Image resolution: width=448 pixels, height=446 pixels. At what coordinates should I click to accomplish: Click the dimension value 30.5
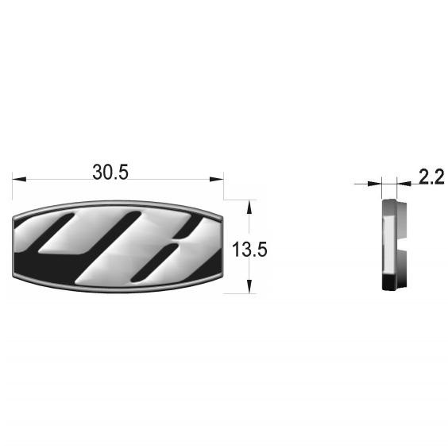coord(110,173)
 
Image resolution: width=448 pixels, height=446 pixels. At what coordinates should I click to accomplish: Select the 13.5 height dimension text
coord(249,250)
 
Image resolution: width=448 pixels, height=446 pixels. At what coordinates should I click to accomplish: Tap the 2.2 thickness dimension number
coord(431,176)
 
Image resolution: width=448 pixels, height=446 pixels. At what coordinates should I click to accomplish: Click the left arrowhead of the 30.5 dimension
coord(19,179)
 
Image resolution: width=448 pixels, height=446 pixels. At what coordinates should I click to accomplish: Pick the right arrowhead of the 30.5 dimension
coord(216,179)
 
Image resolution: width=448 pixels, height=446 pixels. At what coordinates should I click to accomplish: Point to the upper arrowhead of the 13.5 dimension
coord(249,207)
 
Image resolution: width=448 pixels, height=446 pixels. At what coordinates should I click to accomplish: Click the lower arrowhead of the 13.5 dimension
coord(249,286)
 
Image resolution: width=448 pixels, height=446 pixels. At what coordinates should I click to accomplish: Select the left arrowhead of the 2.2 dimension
coord(375,184)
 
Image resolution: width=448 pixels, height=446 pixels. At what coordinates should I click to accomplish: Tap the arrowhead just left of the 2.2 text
coord(404,184)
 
